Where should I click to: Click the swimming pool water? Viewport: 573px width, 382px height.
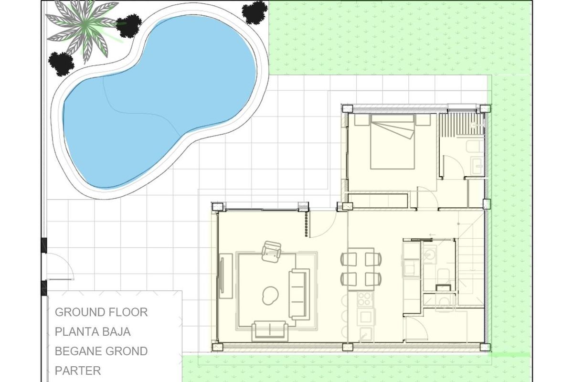coord(158,100)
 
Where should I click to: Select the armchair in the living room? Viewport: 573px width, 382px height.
coord(271,251)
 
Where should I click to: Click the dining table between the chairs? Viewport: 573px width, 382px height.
coord(361,269)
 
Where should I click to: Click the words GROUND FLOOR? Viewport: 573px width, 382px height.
coord(101,312)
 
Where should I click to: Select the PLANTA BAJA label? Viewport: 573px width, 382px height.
coord(93,331)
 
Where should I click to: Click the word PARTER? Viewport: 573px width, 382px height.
coord(78,371)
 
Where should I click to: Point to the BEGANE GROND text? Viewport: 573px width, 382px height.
coord(101,351)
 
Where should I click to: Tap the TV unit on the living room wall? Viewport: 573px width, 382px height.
coord(223,276)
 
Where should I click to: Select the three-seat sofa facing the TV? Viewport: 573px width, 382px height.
coord(299,294)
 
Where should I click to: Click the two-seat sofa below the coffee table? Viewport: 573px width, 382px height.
coord(270,330)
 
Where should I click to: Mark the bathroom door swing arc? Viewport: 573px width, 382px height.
coord(454,167)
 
